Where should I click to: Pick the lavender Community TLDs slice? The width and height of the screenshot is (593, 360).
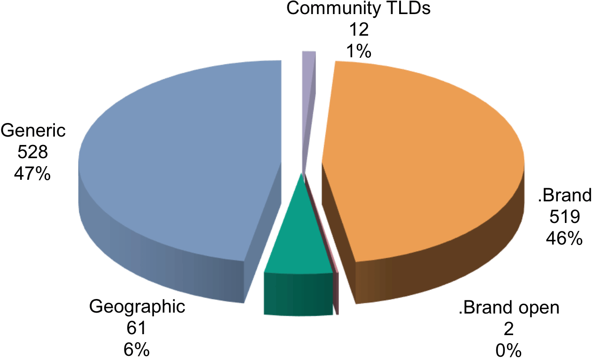pyautogui.click(x=308, y=106)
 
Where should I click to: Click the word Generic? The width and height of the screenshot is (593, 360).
pyautogui.click(x=33, y=130)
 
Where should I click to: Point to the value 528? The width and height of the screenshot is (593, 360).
pyautogui.click(x=32, y=152)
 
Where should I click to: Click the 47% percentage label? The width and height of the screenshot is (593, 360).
pyautogui.click(x=32, y=174)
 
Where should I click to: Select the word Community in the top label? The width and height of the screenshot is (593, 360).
pyautogui.click(x=333, y=9)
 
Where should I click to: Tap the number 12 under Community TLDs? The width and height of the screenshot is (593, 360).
pyautogui.click(x=359, y=30)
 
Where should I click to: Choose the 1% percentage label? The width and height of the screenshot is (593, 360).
pyautogui.click(x=359, y=51)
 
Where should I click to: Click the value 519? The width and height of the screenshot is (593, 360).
pyautogui.click(x=565, y=217)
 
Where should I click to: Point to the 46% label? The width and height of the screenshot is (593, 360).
pyautogui.click(x=564, y=238)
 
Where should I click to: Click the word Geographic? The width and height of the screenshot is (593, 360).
pyautogui.click(x=137, y=307)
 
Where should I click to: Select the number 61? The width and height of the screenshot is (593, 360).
pyautogui.click(x=136, y=328)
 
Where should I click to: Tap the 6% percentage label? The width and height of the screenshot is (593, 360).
pyautogui.click(x=137, y=350)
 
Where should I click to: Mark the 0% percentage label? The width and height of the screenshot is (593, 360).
pyautogui.click(x=508, y=351)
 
